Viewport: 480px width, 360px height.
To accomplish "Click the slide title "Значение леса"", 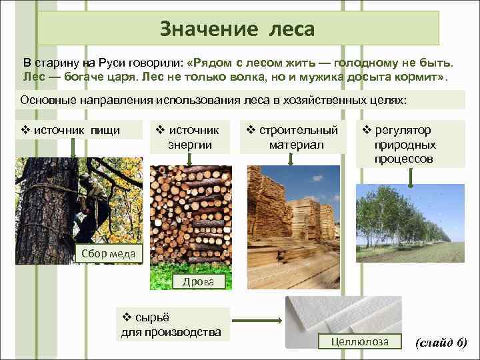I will pos(237,29).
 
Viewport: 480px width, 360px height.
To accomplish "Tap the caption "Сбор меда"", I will pos(108,253).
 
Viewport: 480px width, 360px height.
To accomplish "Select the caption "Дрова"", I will pos(198,282).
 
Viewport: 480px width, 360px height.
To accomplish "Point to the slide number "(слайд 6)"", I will pos(441,343).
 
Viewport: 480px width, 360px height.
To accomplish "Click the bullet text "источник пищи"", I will pos(79,130).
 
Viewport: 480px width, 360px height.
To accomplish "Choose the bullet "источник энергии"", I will pos(190,137).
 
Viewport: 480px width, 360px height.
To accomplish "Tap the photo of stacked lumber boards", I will pos(293,220).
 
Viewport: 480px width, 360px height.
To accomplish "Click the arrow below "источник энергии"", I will pos(191,159).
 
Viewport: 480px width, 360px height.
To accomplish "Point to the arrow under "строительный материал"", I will pos(291,159).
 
